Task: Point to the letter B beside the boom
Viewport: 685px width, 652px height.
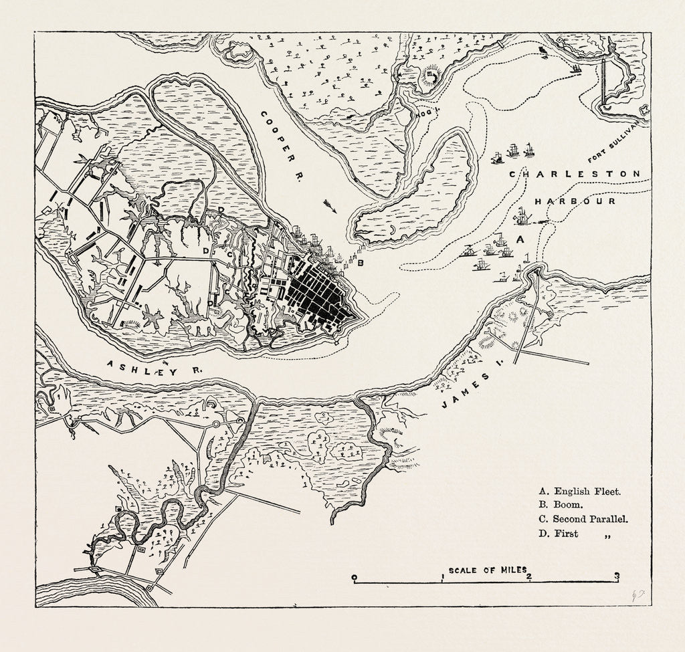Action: pos(361,263)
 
